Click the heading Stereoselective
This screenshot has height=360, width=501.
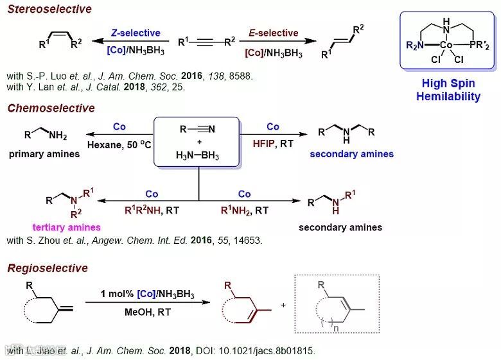pyautogui.click(x=49, y=9)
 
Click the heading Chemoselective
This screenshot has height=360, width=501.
pyautogui.click(x=51, y=108)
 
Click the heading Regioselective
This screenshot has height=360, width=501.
pyautogui.click(x=48, y=268)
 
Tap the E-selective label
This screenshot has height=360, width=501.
pyautogui.click(x=273, y=33)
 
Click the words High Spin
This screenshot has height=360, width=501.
pyautogui.click(x=448, y=83)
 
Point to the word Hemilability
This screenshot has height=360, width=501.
pyautogui.click(x=448, y=97)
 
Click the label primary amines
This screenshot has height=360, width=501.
pyautogui.click(x=44, y=154)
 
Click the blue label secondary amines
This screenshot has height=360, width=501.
pyautogui.click(x=351, y=154)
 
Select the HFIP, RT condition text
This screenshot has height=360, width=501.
pyautogui.click(x=272, y=144)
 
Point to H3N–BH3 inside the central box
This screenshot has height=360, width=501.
pyautogui.click(x=197, y=155)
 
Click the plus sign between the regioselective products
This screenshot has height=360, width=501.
pyautogui.click(x=283, y=305)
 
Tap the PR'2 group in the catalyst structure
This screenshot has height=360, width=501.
pyautogui.click(x=479, y=45)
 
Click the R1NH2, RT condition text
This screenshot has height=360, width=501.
pyautogui.click(x=245, y=210)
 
